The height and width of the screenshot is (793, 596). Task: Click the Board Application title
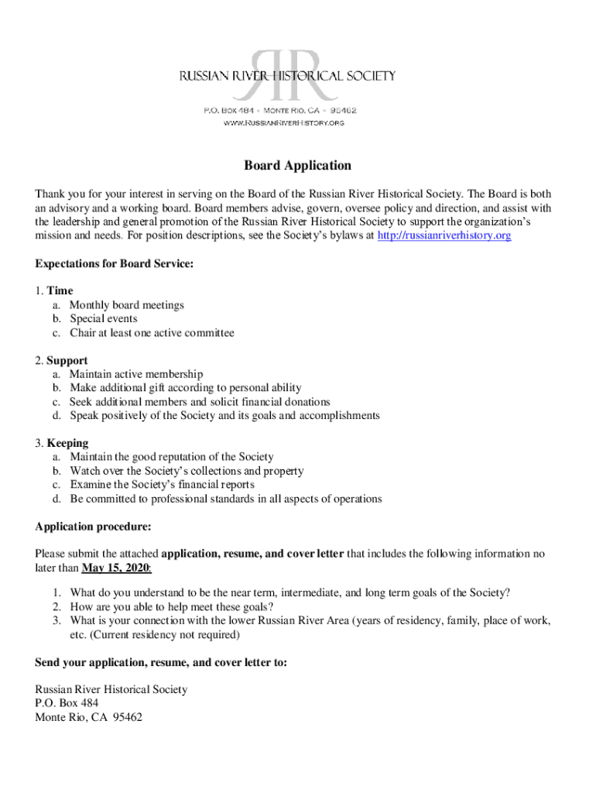coord(298,166)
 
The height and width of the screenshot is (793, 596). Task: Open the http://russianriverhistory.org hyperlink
coord(444,235)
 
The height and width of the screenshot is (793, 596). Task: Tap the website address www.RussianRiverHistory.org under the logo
coord(283,123)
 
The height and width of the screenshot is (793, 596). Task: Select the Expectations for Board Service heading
coord(114,263)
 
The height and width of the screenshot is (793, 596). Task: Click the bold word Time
coord(60,291)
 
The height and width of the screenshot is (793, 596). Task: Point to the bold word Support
coord(67,361)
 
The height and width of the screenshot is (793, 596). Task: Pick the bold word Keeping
coord(67,444)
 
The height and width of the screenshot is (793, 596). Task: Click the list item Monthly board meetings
coord(127,305)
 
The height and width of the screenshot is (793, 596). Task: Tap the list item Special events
coord(104,319)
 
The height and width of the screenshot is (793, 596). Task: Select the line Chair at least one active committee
coord(152,333)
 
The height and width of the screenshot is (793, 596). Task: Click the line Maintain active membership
coord(136,375)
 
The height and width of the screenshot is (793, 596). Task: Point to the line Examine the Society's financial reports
coord(162,485)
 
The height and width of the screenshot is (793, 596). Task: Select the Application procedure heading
coord(93,527)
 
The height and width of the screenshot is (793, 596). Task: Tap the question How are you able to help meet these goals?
coord(171,607)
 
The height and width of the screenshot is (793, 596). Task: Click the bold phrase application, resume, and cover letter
coord(252,554)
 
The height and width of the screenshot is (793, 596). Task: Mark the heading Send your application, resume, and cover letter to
coord(161,663)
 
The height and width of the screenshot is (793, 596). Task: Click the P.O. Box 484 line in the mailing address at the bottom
coord(67,703)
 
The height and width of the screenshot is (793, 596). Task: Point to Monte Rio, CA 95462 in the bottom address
coord(88,717)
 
